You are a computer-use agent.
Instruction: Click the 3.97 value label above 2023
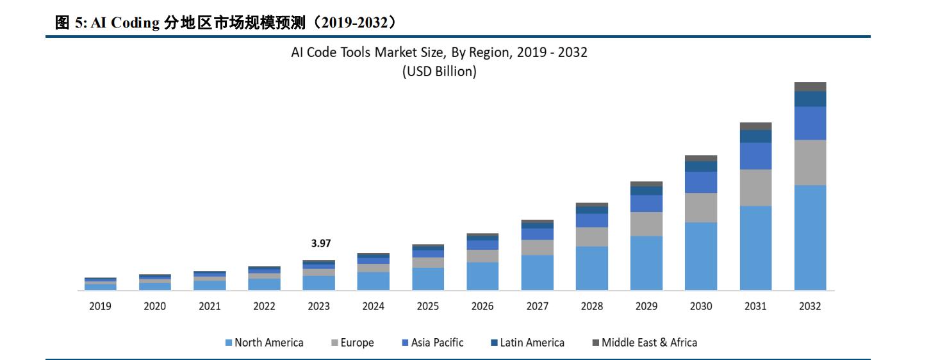pyautogui.click(x=320, y=243)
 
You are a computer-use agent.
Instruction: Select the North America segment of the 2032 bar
pyautogui.click(x=810, y=238)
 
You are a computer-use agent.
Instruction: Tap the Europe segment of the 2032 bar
pyautogui.click(x=810, y=163)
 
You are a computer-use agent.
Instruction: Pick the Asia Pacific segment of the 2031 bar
pyautogui.click(x=755, y=156)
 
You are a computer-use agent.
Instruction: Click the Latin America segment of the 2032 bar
pyautogui.click(x=810, y=99)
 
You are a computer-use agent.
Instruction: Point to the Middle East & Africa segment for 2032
pyautogui.click(x=810, y=86)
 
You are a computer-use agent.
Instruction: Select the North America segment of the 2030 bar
pyautogui.click(x=701, y=256)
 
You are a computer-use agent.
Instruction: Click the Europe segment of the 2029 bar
pyautogui.click(x=646, y=224)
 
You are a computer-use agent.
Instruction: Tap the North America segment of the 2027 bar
pyautogui.click(x=537, y=272)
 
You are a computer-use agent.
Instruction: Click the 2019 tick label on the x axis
pyautogui.click(x=100, y=306)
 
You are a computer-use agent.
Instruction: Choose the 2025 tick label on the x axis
pyautogui.click(x=428, y=306)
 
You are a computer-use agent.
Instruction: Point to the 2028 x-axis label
pyautogui.click(x=592, y=306)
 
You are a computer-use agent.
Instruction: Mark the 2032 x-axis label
pyautogui.click(x=810, y=306)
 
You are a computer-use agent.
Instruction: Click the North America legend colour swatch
pyautogui.click(x=229, y=343)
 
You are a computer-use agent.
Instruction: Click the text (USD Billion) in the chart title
pyautogui.click(x=439, y=72)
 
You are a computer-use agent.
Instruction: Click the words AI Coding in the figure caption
pyautogui.click(x=125, y=23)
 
